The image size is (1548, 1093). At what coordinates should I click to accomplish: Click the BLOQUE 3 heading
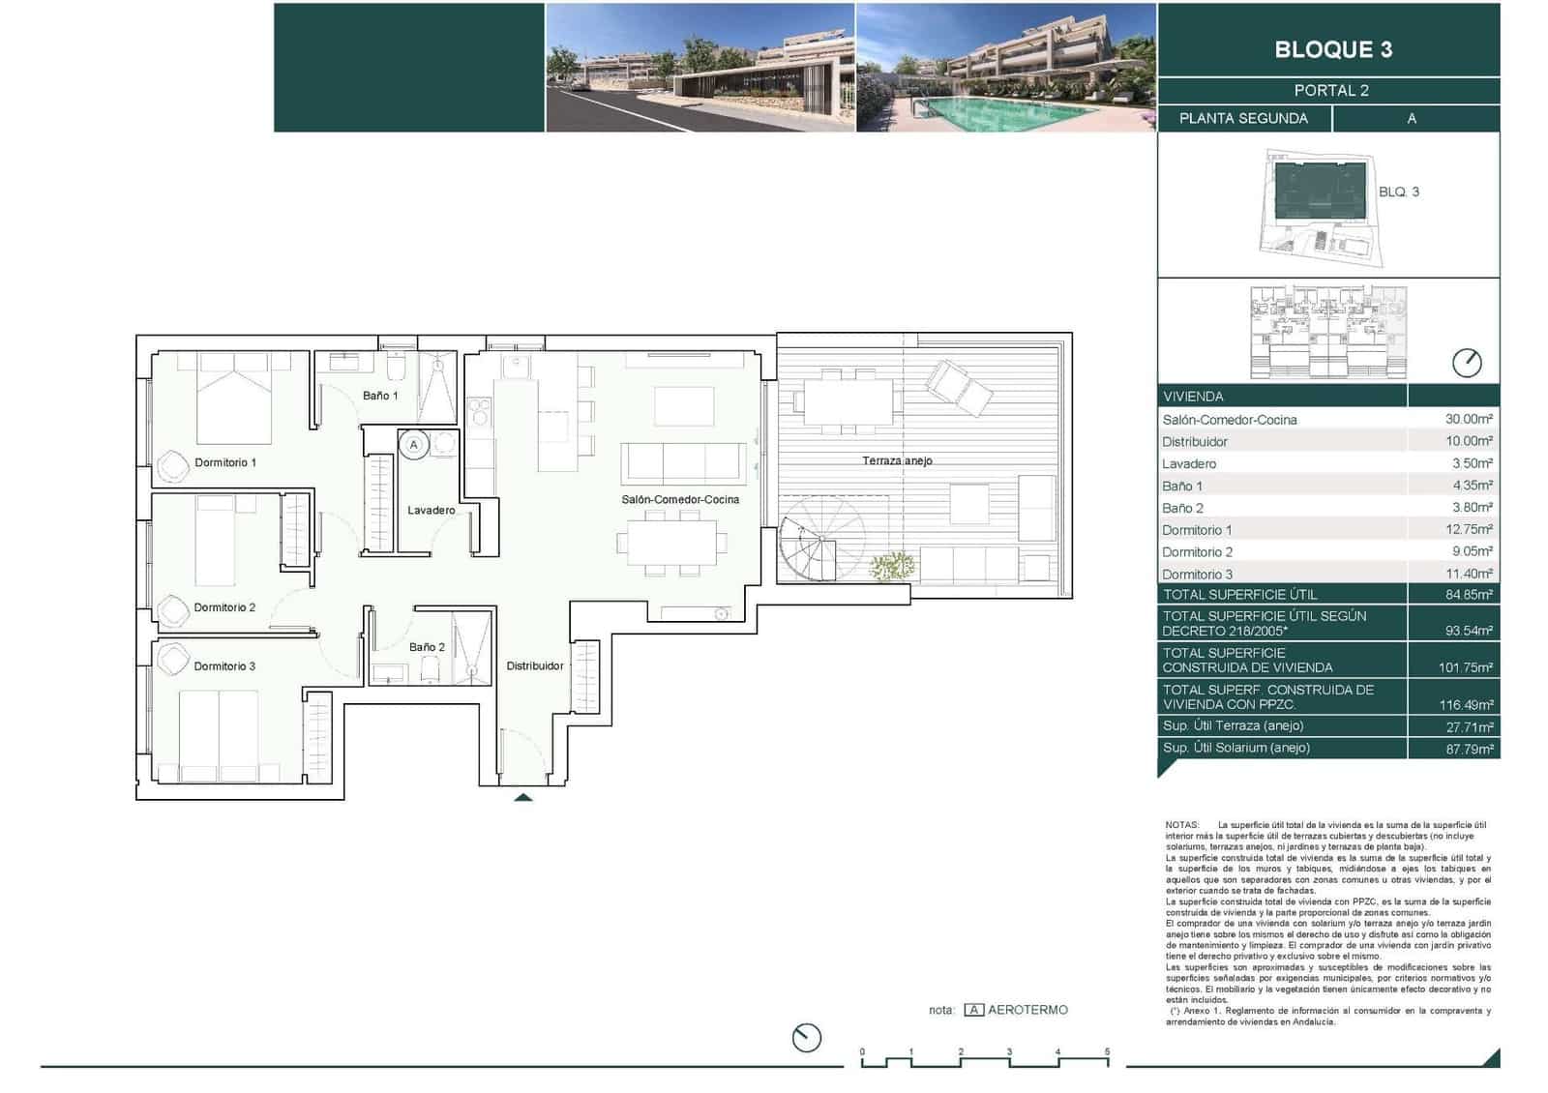tap(1332, 49)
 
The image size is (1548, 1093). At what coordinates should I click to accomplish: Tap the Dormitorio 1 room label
tap(225, 462)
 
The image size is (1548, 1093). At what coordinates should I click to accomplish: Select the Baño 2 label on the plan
tap(427, 647)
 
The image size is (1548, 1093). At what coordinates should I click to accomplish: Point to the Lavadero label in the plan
tap(431, 510)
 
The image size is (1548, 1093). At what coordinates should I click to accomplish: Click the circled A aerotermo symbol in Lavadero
tap(414, 445)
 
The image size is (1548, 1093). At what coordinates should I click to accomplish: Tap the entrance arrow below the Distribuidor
tap(522, 797)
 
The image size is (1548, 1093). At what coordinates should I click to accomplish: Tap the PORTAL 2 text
tap(1331, 91)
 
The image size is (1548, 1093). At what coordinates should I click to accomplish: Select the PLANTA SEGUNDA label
tap(1243, 118)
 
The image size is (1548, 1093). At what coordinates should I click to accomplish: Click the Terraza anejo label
tap(897, 460)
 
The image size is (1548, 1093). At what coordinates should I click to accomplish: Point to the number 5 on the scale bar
tap(1107, 1051)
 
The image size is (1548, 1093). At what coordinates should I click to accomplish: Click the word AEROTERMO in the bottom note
tap(1027, 1010)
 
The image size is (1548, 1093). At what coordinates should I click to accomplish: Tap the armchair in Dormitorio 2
tap(173, 610)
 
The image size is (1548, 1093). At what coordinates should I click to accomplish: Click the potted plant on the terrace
tap(892, 567)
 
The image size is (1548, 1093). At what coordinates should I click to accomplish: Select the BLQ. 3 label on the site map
tap(1398, 192)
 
